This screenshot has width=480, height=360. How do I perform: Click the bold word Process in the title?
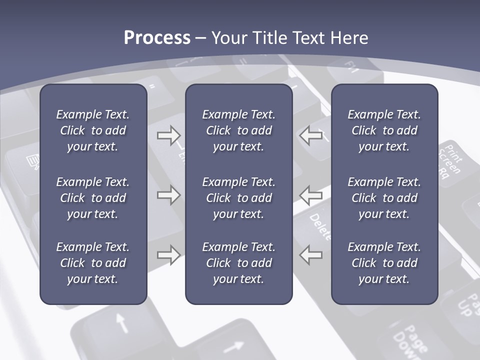157,38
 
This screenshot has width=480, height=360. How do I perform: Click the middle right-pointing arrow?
168,195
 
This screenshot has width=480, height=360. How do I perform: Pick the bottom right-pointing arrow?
168,255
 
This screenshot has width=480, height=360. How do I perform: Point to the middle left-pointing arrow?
311,195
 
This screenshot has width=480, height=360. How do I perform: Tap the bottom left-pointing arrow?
311,255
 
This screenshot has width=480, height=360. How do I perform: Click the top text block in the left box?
93,130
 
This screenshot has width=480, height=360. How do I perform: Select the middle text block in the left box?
93,198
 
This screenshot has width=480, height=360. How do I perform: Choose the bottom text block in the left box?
93,263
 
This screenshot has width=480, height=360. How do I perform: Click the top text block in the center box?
238,130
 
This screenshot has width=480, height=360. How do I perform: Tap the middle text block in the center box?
238,198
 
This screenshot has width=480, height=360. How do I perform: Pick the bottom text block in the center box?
238,263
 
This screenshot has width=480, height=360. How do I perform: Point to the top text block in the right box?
384,130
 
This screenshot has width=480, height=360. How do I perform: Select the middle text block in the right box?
384,198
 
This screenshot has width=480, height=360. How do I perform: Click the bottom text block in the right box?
384,263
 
